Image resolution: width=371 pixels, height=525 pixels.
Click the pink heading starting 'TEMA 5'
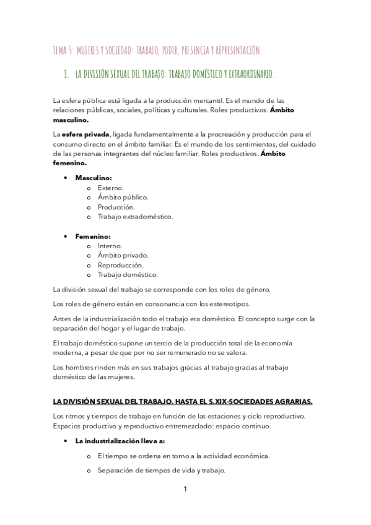click(x=157, y=50)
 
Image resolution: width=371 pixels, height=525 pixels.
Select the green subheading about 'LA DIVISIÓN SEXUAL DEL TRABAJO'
click(x=174, y=75)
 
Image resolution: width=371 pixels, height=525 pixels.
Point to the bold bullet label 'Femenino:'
click(x=93, y=236)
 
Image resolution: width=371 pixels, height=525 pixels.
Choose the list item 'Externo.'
click(x=111, y=188)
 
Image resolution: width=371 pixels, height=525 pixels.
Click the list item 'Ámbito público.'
click(x=123, y=197)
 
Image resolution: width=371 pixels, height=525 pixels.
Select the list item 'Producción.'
click(x=116, y=207)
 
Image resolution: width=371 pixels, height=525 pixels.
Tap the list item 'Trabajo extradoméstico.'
click(x=135, y=217)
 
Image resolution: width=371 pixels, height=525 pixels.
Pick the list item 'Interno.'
click(x=110, y=246)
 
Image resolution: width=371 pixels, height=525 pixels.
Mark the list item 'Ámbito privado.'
click(x=123, y=255)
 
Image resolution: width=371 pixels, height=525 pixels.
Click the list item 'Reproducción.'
click(x=120, y=265)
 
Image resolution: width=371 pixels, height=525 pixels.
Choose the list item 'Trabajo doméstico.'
click(x=128, y=274)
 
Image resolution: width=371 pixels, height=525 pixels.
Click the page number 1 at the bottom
click(x=185, y=489)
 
